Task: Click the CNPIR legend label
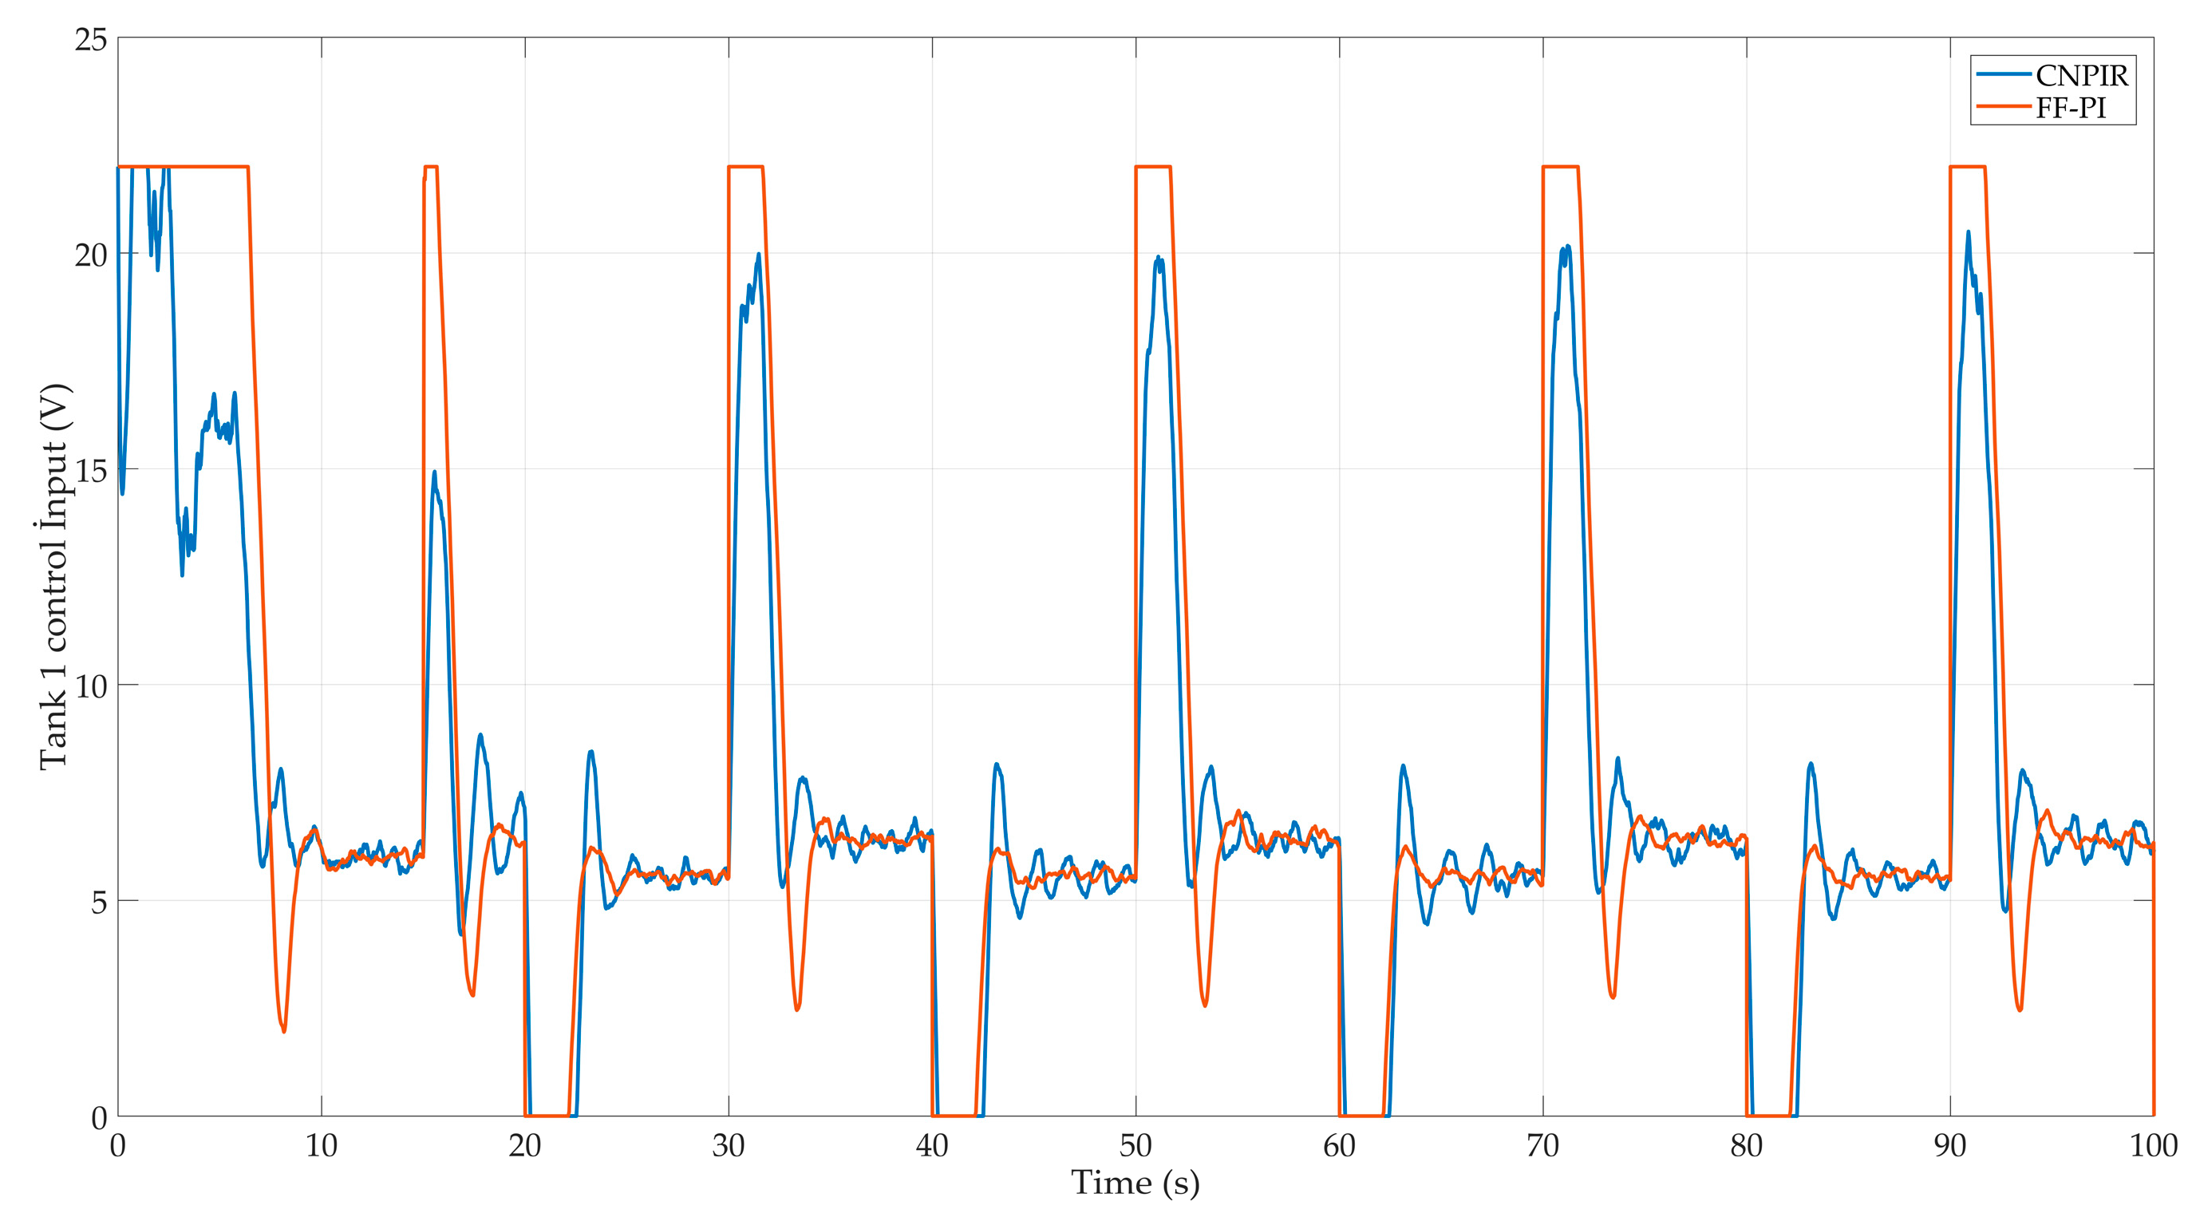(2081, 76)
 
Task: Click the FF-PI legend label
(2071, 108)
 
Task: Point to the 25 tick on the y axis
(91, 39)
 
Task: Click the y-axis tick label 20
(91, 255)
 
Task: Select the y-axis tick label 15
(91, 471)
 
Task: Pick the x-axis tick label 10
(321, 1146)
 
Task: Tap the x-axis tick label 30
(728, 1146)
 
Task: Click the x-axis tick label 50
(1135, 1146)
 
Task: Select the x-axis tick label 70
(1542, 1146)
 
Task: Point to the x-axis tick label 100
(2153, 1146)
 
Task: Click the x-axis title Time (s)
(1135, 1183)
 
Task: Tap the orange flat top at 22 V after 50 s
(1152, 167)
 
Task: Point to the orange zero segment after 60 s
(1361, 1115)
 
